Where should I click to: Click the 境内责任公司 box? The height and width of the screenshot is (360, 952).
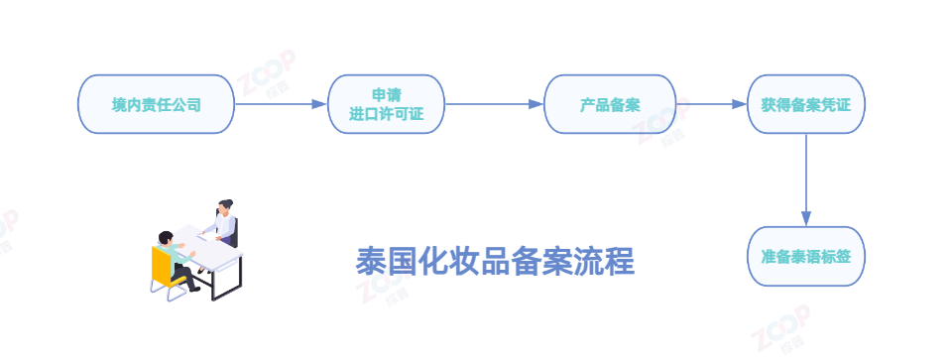[x=157, y=104]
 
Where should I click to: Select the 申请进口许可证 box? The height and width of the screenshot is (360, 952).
[x=386, y=104]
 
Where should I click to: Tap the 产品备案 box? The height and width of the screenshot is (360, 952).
[x=610, y=104]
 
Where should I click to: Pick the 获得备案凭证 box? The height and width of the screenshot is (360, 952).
[x=805, y=104]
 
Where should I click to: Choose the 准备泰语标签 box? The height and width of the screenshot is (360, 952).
[x=805, y=257]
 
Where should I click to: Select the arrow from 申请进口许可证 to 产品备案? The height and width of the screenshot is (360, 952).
[x=494, y=104]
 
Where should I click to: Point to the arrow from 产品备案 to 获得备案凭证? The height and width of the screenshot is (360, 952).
[x=711, y=104]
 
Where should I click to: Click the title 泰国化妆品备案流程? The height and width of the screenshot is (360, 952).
[x=494, y=262]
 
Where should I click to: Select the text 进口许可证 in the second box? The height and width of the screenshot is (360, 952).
[x=386, y=114]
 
